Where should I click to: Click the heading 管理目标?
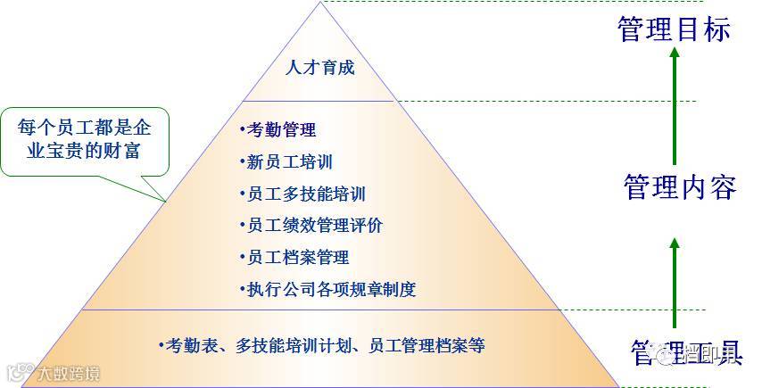(674, 29)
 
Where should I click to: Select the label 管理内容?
(679, 188)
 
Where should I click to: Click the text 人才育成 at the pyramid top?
(319, 68)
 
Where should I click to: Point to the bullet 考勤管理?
(278, 130)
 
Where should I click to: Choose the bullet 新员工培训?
(286, 162)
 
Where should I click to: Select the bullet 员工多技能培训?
(302, 194)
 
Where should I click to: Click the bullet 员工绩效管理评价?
(311, 226)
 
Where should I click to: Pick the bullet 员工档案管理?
(294, 258)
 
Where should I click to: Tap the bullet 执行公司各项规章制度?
(327, 289)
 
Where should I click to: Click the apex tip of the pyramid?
(320, 4)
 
